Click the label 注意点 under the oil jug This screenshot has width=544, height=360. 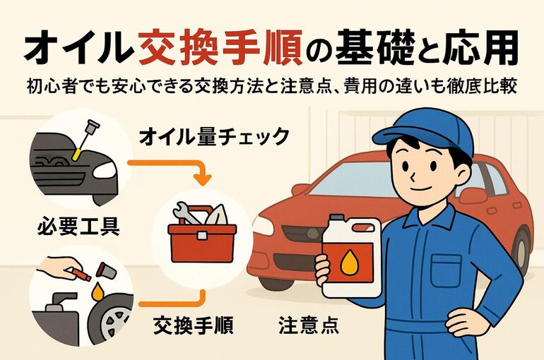coord(309,327)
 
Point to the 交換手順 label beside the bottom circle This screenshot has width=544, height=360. coord(193,327)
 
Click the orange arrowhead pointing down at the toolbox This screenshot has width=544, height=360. coord(202,179)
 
